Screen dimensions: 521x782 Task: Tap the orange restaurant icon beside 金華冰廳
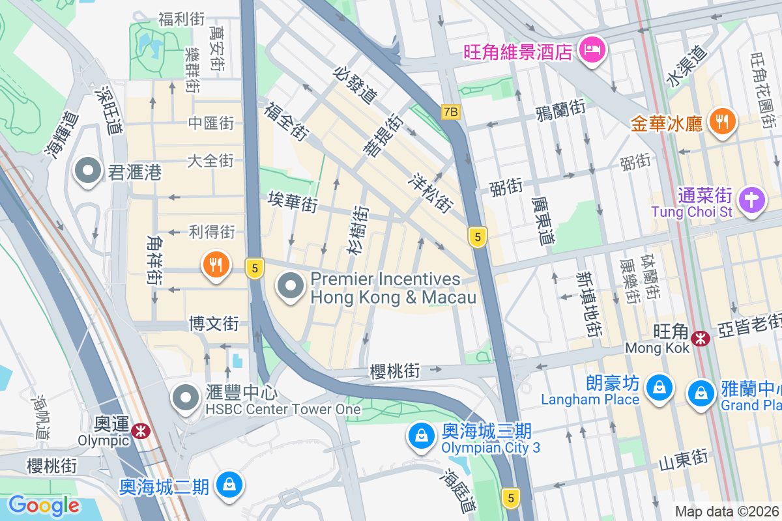tap(721, 121)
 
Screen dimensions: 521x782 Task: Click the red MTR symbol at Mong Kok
tap(701, 338)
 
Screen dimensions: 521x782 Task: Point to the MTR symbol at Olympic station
tap(139, 430)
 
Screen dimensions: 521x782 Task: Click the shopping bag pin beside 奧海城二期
tap(229, 485)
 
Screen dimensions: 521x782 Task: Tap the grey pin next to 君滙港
tap(87, 172)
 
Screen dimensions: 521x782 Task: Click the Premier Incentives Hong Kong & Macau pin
tap(290, 287)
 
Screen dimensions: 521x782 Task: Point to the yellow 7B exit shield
tap(450, 112)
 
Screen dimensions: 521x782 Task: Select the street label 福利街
tap(181, 19)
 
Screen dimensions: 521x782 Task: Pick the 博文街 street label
tap(214, 323)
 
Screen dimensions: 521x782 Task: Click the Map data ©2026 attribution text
tap(727, 511)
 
